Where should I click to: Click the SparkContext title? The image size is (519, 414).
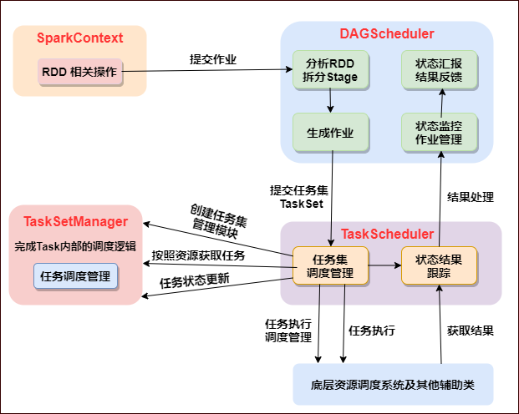pyautogui.click(x=79, y=38)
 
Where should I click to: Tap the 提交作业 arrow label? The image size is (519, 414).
pyautogui.click(x=213, y=59)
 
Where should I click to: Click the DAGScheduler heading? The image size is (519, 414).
pyautogui.click(x=386, y=34)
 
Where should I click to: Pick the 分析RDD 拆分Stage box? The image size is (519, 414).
pyautogui.click(x=330, y=71)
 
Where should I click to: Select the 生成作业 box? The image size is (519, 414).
pyautogui.click(x=330, y=133)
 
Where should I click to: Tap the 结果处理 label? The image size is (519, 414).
pyautogui.click(x=471, y=198)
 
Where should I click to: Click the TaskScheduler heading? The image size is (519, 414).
pyautogui.click(x=390, y=234)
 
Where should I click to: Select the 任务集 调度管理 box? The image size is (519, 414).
pyautogui.click(x=330, y=266)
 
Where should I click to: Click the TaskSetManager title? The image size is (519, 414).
pyautogui.click(x=76, y=221)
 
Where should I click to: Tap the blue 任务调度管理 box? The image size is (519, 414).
pyautogui.click(x=75, y=276)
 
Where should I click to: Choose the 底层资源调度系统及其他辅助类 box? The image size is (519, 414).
pyautogui.click(x=393, y=384)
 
